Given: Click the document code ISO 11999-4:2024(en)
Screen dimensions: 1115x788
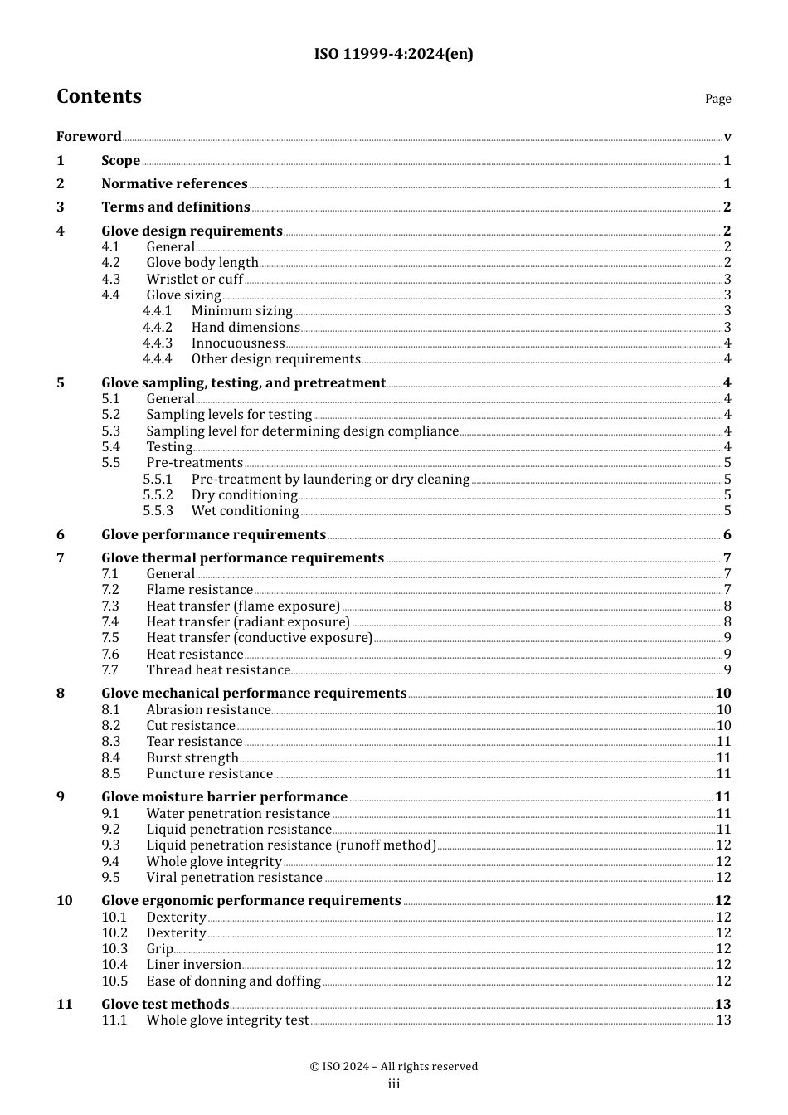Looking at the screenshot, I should point(393,55).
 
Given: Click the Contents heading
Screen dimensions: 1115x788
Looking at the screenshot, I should point(99,96).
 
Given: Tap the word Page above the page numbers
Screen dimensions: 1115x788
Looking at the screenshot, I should point(717,99).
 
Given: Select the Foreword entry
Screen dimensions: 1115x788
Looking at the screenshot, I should point(89,137).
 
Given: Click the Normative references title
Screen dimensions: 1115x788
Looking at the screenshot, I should point(174,184).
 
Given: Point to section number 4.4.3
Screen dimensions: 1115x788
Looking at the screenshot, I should point(157,343).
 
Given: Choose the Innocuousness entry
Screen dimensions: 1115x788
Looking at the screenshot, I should point(238,343).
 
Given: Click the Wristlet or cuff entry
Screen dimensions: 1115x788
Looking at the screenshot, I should point(195,280).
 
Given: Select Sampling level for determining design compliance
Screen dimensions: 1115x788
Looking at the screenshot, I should point(302,431).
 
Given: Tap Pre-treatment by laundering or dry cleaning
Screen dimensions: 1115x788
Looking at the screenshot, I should point(330,480).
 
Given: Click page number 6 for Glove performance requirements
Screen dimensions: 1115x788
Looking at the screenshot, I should point(727,535).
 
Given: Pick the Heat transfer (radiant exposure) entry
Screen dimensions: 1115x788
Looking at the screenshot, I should point(248,622).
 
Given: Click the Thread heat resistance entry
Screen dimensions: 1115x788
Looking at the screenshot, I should point(218,670).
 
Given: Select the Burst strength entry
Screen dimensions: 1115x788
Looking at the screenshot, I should point(192,758).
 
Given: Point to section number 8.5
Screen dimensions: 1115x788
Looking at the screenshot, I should point(111,774).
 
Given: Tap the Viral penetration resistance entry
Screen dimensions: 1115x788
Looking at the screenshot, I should point(234,878).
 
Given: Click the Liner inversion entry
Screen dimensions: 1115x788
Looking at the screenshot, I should point(193,965).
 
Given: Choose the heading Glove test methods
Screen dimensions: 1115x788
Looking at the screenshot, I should point(165,1005).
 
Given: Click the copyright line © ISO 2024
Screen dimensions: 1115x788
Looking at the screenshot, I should point(393,1067).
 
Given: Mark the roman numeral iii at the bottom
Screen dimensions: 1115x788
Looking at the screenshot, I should point(393,1084).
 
